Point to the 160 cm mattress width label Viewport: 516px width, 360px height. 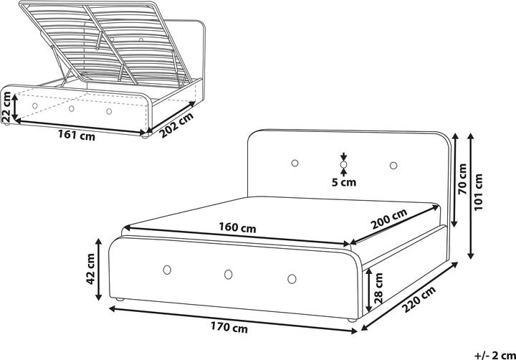coord(238,228)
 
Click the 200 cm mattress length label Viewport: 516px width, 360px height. coord(389,219)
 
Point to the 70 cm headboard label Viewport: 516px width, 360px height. coord(462,180)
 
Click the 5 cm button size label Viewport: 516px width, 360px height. coord(344,182)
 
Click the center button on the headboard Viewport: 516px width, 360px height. coord(344,166)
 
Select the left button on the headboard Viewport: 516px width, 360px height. coord(295,164)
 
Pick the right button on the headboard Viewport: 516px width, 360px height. coord(393,166)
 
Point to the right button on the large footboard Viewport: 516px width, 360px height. coord(292,278)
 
